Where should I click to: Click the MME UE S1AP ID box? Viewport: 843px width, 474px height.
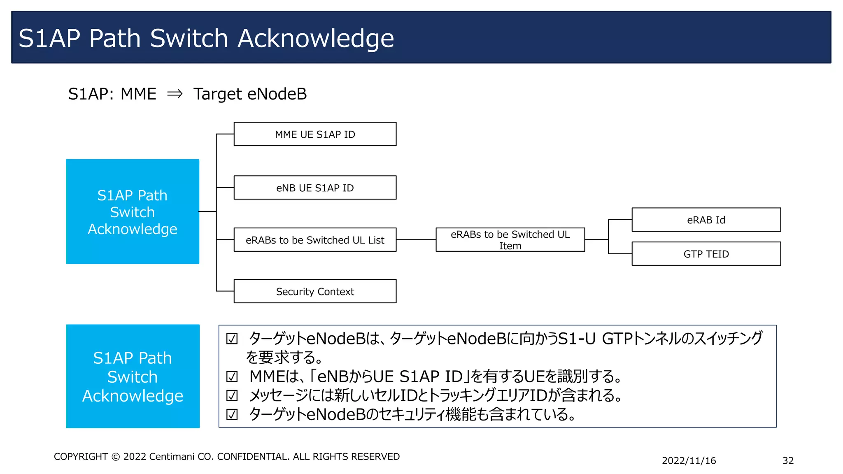pyautogui.click(x=315, y=134)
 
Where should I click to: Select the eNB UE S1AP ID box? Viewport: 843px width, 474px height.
pyautogui.click(x=315, y=188)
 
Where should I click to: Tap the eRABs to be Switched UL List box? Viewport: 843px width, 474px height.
pyautogui.click(x=315, y=240)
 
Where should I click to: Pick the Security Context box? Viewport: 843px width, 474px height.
pyautogui.click(x=315, y=291)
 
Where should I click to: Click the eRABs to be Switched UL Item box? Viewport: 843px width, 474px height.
pyautogui.click(x=510, y=240)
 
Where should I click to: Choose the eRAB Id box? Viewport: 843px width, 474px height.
pyautogui.click(x=706, y=220)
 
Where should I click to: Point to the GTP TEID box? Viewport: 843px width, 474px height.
pyautogui.click(x=706, y=254)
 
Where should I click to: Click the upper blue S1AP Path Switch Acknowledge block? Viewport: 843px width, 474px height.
pyautogui.click(x=133, y=211)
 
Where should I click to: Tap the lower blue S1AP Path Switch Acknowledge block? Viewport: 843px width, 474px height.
pyautogui.click(x=133, y=376)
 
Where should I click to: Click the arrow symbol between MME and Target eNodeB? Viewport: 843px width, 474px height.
pyautogui.click(x=175, y=94)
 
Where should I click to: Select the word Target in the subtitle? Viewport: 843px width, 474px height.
pyautogui.click(x=218, y=94)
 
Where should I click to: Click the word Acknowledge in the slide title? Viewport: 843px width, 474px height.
pyautogui.click(x=316, y=38)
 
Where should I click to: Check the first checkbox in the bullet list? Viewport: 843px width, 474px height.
pyautogui.click(x=232, y=339)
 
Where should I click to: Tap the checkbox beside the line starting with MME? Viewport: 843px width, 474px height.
pyautogui.click(x=232, y=376)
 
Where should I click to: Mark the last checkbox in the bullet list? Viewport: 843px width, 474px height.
pyautogui.click(x=232, y=414)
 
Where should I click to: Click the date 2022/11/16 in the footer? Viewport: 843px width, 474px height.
pyautogui.click(x=689, y=461)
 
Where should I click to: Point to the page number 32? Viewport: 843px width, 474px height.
pyautogui.click(x=788, y=461)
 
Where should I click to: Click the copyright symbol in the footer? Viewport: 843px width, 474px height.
pyautogui.click(x=116, y=457)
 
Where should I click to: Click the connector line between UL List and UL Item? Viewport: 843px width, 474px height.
pyautogui.click(x=416, y=240)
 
